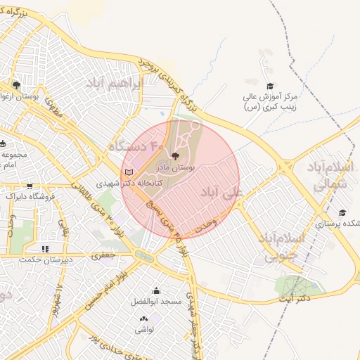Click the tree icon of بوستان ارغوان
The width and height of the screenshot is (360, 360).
(16, 85)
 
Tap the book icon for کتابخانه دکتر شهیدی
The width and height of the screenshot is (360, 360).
(128, 172)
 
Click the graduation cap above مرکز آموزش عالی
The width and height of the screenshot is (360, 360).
(270, 86)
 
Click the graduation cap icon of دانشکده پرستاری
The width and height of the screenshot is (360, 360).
(342, 212)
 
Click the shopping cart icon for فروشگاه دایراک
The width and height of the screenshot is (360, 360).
(29, 186)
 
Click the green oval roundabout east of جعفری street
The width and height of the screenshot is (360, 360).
(143, 257)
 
